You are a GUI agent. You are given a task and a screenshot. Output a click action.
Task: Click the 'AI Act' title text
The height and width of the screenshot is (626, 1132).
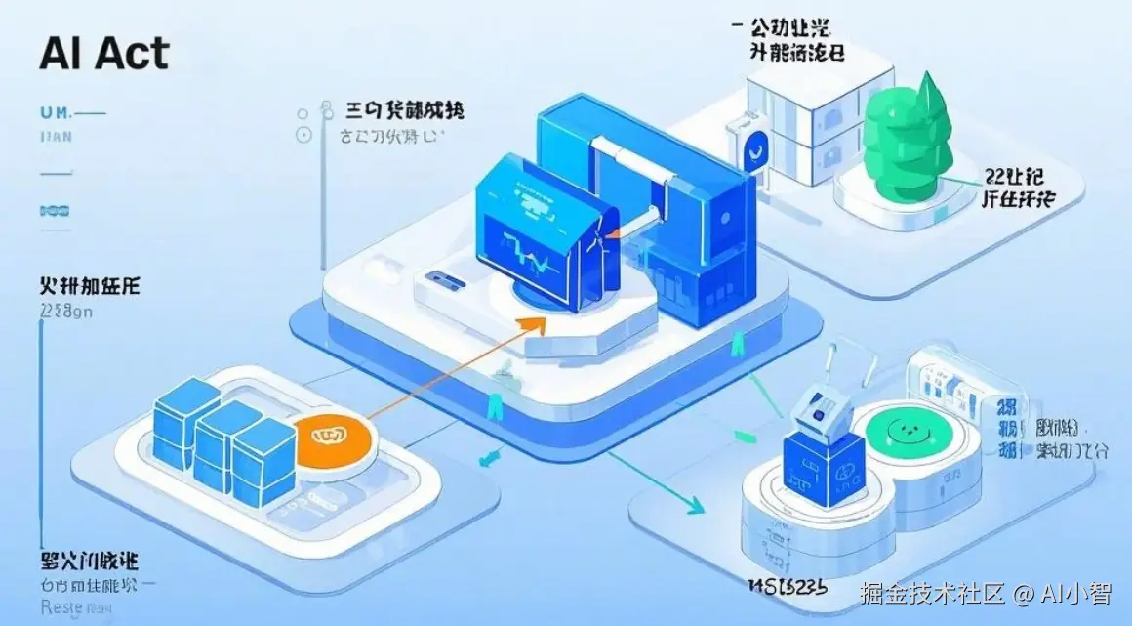103,54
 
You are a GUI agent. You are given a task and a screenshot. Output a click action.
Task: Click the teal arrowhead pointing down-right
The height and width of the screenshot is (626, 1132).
694,507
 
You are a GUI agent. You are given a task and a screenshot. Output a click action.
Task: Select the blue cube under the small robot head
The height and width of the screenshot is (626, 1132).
823,469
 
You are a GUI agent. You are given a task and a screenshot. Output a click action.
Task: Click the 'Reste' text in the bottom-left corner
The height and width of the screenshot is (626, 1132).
62,608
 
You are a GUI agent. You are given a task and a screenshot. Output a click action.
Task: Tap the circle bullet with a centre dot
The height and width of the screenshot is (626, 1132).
303,135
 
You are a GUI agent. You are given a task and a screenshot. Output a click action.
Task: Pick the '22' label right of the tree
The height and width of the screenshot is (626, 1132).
996,177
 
